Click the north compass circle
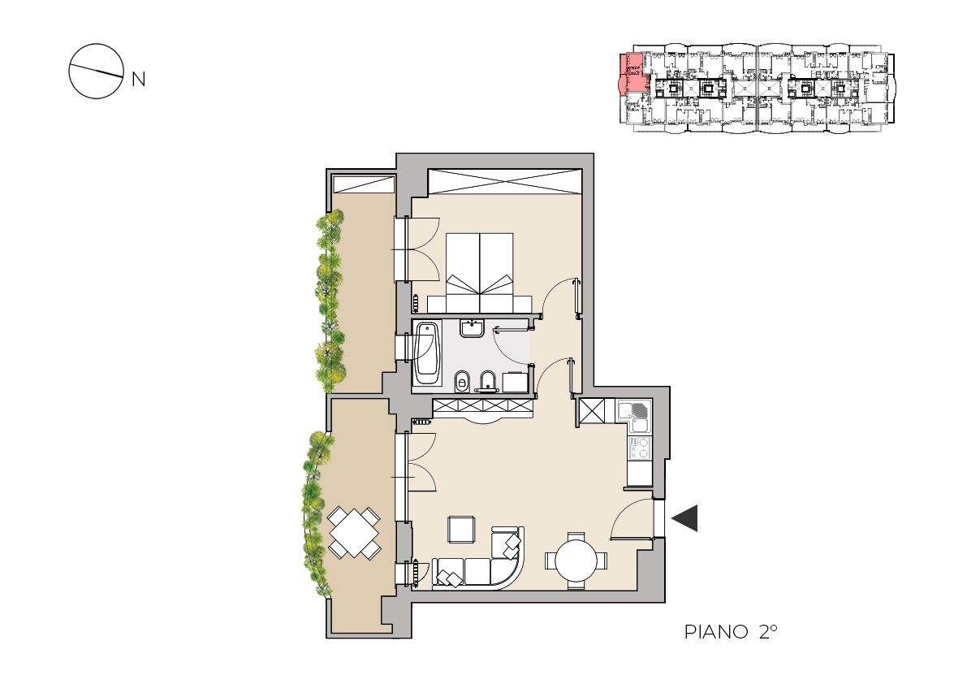(x=96, y=45)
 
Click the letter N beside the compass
(x=139, y=80)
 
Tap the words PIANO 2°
(x=731, y=631)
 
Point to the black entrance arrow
(x=684, y=518)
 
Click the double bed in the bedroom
(x=479, y=273)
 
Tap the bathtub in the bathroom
(x=427, y=353)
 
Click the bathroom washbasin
(x=473, y=328)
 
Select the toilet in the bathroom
(x=461, y=382)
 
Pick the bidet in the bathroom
(x=487, y=382)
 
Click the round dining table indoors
(x=576, y=561)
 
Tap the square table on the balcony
(x=354, y=532)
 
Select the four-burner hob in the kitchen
(x=640, y=448)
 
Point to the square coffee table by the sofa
(x=461, y=529)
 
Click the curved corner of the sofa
(x=512, y=568)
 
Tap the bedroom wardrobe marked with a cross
(x=505, y=181)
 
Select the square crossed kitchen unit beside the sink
(x=592, y=411)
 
